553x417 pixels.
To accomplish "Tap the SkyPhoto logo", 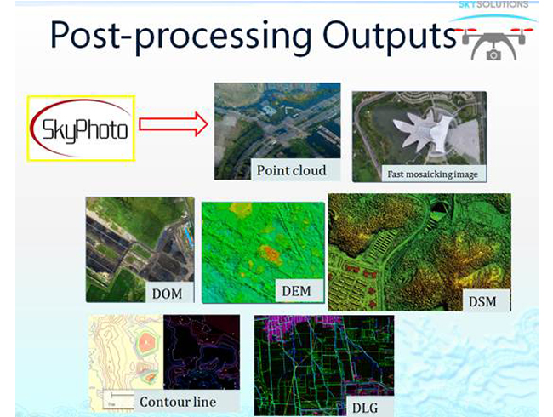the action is point(81,129).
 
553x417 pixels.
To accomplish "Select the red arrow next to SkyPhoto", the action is point(174,124).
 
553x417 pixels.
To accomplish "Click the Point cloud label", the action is point(291,170).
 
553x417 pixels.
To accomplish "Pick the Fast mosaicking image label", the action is point(433,174).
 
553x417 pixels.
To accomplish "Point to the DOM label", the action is point(167,294).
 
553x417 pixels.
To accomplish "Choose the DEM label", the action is point(296,291).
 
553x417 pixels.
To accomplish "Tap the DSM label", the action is point(482,301).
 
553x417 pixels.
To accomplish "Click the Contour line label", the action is point(178,402).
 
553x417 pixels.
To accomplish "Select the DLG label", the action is point(365,408).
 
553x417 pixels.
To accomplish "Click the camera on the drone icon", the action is point(493,55).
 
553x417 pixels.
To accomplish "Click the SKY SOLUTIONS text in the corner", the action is point(493,4).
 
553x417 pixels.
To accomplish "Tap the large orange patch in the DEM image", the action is point(271,254).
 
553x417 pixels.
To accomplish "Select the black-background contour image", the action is point(202,352).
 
